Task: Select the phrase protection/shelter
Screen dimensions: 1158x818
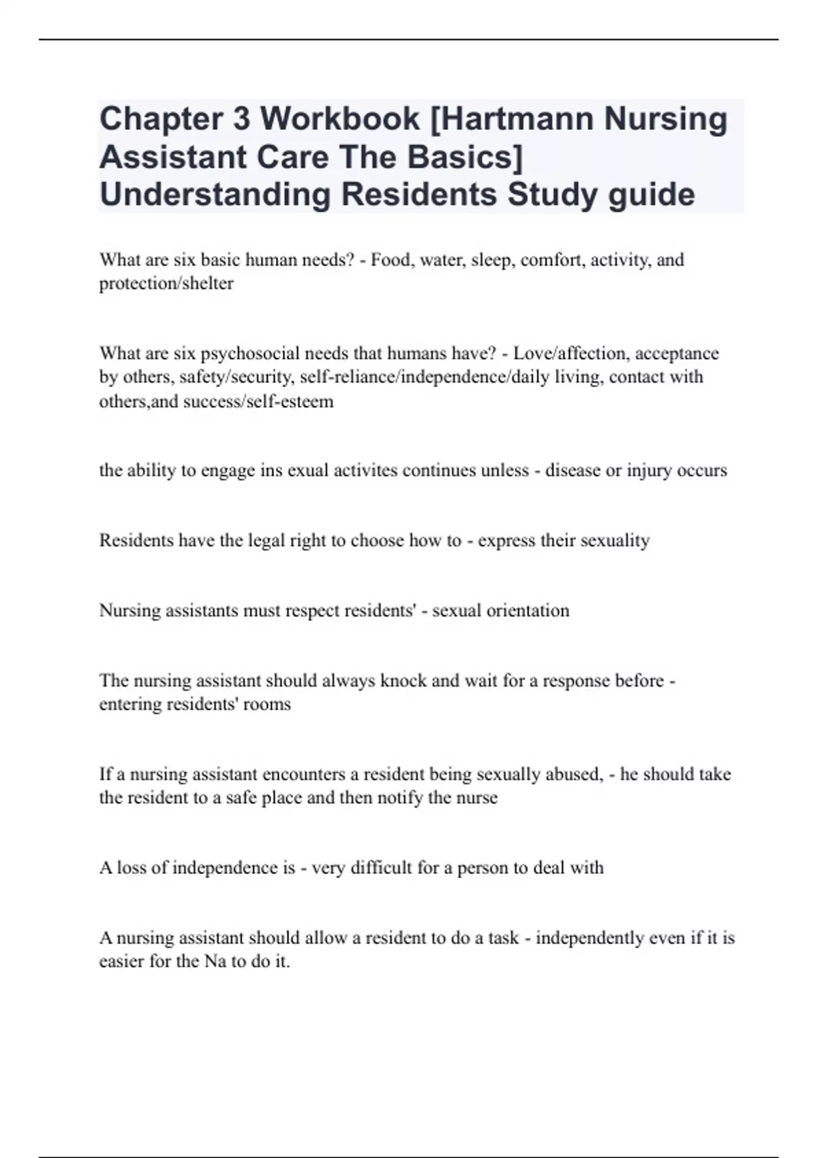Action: click(166, 283)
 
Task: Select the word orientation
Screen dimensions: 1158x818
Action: click(529, 610)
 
